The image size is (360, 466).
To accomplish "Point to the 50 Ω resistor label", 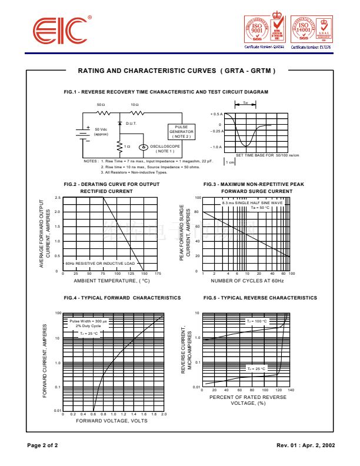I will pos(101,104).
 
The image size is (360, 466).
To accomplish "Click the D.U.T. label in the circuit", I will pos(131,124).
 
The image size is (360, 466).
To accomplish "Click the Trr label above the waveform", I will pos(245,102).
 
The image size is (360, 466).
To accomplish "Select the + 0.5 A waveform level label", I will pos(216,114).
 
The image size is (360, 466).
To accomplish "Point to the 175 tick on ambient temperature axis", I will pos(158,274).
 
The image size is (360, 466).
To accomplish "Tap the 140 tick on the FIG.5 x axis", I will pos(291,390).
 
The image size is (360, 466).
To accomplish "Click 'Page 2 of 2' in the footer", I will pos(43,445).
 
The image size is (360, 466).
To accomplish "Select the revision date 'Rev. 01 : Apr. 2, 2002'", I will pos(305,445).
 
